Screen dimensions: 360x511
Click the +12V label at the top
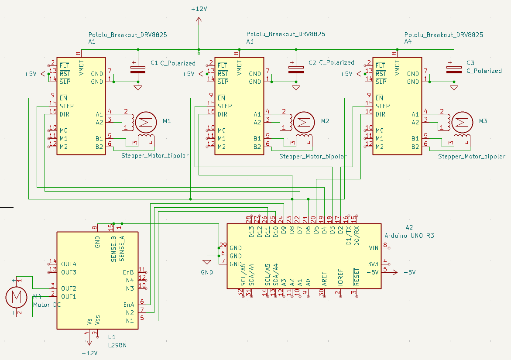click(199, 9)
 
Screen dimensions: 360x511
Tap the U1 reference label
click(112, 337)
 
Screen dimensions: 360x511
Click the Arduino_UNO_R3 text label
click(409, 236)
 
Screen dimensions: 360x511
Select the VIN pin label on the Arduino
click(373, 248)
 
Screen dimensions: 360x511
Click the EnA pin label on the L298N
click(128, 305)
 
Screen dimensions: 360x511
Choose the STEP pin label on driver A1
click(66, 106)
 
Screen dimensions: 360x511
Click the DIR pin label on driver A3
click(223, 114)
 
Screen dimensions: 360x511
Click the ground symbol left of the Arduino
click(206, 262)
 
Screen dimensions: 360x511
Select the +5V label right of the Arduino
click(409, 272)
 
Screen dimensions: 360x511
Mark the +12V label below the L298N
click(90, 353)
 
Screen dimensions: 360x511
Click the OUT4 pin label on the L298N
click(69, 264)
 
